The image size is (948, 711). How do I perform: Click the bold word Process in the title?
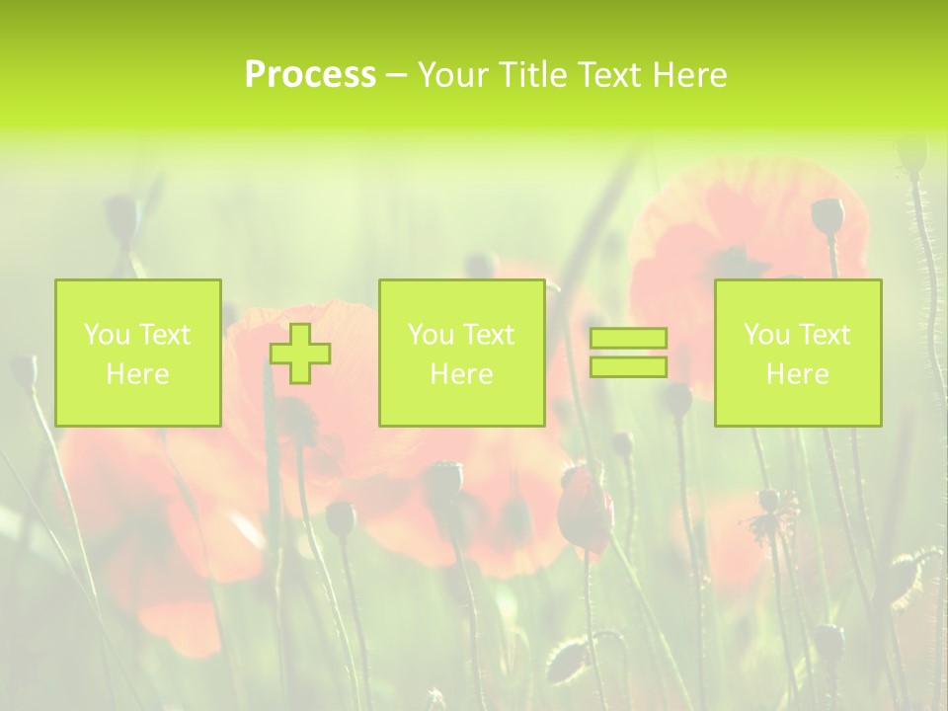click(310, 75)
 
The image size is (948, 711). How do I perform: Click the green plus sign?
click(300, 354)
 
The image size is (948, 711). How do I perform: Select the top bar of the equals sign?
click(628, 339)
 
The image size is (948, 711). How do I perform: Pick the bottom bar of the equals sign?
click(628, 367)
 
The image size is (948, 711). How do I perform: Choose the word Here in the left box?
click(137, 374)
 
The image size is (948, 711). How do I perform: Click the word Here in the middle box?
click(461, 374)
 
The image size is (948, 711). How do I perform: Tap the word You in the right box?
click(765, 335)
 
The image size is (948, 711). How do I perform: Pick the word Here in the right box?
click(797, 374)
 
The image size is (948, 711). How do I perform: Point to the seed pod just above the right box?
click(828, 214)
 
